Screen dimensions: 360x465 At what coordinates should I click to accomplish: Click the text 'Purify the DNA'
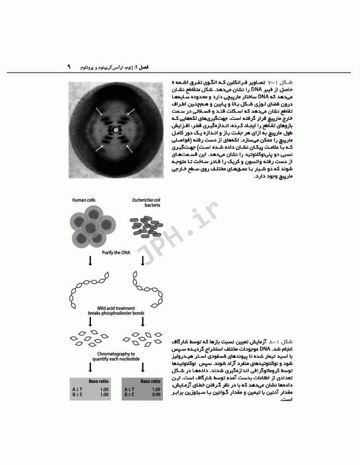coord(118,251)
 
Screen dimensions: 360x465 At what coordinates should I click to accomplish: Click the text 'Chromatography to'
coord(118,352)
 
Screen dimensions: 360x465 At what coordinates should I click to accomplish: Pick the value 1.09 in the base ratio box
coord(154,389)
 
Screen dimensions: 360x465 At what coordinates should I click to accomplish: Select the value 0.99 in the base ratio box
coord(154,395)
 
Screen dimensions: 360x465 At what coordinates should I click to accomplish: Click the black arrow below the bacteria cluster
coord(144,260)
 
